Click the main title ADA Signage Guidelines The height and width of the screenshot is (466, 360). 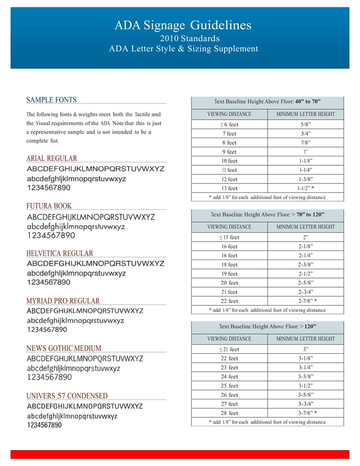183,25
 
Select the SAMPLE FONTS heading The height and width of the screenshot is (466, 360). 51,100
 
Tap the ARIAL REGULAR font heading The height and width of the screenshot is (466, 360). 51,159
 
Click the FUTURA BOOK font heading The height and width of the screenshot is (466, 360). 49,206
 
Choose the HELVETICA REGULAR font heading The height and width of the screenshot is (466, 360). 60,253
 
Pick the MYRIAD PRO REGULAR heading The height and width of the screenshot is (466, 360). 63,301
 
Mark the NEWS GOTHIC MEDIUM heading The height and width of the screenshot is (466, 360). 64,348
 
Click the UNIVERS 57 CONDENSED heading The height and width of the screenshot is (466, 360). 67,395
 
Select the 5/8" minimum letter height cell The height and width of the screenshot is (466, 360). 305,124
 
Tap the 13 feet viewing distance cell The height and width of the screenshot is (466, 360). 229,188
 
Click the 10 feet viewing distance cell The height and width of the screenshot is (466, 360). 229,161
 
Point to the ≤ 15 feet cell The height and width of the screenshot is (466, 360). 229,238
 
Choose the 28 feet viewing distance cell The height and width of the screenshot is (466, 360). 229,412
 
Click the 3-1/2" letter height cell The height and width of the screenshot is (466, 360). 305,385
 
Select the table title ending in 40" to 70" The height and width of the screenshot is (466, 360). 267,102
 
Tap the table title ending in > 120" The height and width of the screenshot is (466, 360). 267,326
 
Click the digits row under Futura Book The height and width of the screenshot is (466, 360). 51,235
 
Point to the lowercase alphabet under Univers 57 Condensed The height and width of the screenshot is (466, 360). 72,416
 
